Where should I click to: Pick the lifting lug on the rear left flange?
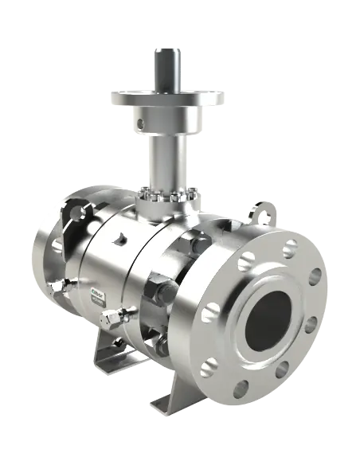[x=74, y=213]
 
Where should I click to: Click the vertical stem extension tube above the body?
[x=167, y=159]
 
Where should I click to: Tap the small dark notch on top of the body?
[x=119, y=238]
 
